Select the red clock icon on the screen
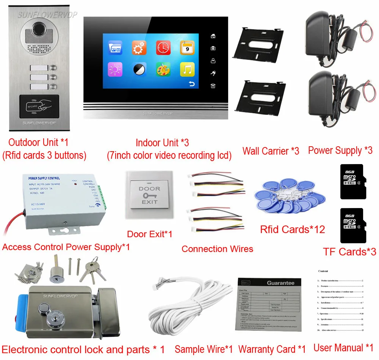pyautogui.click(x=163, y=48)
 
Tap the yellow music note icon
pyautogui.click(x=187, y=70)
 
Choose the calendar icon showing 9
pyautogui.click(x=187, y=48)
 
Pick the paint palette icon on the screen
pyautogui.click(x=163, y=70)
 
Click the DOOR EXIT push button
pyautogui.click(x=149, y=195)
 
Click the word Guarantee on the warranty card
pyautogui.click(x=280, y=283)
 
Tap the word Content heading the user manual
pyautogui.click(x=323, y=271)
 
